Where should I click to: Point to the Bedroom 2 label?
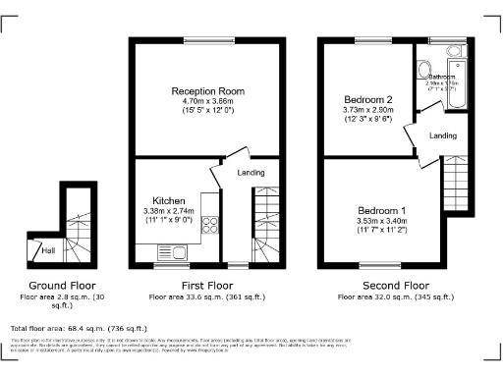point(367,100)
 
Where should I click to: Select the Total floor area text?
point(79,327)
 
